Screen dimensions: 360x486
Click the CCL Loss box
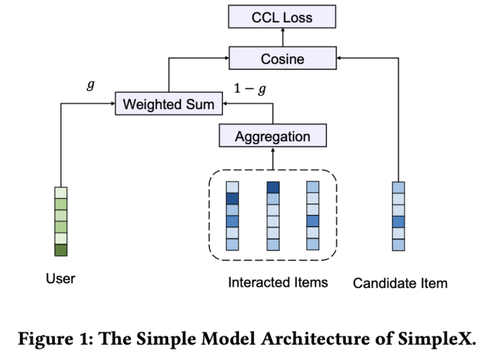point(282,17)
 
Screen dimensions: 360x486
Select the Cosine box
point(282,59)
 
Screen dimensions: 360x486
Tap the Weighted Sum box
point(169,104)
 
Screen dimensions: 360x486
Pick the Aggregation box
point(272,136)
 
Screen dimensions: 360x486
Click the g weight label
point(90,85)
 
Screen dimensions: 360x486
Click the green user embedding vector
point(61,221)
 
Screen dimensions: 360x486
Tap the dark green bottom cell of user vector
point(61,250)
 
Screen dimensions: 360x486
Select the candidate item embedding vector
point(399,216)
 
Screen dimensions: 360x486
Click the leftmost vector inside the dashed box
point(232,216)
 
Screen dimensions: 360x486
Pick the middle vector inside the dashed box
point(272,216)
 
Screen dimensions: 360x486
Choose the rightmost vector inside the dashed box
point(313,216)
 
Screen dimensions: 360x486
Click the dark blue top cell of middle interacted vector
point(272,188)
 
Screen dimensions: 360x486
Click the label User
point(61,278)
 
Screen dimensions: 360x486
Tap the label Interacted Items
point(278,283)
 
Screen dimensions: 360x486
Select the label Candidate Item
point(400,283)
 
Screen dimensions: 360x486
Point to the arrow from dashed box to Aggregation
point(272,159)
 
